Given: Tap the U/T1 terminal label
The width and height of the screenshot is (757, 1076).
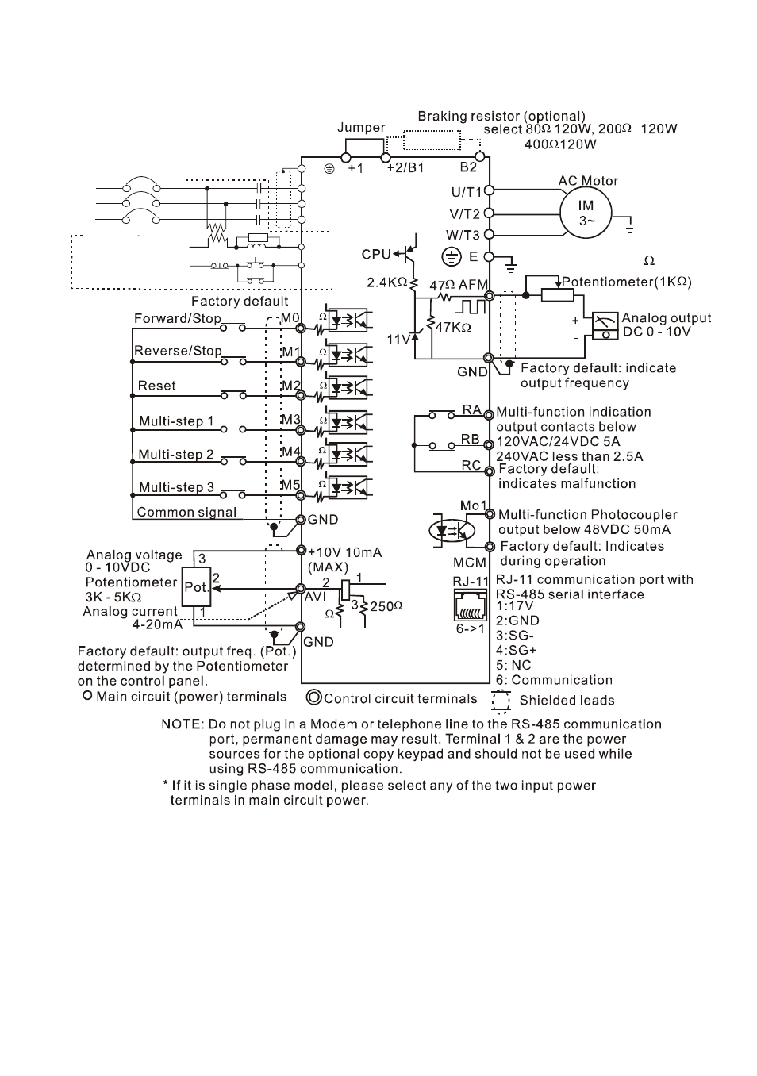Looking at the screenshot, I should coord(467,192).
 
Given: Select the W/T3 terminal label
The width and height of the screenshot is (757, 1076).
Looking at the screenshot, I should coord(463,235).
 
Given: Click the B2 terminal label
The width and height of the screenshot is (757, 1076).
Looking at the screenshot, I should coord(469,167).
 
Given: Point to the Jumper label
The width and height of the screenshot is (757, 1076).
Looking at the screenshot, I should coord(361,128).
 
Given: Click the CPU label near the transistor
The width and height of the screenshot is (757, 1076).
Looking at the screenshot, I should coord(376,254).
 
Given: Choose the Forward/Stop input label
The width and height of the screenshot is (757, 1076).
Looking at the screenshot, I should coord(178,319).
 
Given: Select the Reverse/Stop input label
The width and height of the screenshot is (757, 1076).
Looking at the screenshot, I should coord(178,351).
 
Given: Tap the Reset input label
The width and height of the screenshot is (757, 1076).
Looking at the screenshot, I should coord(157,386).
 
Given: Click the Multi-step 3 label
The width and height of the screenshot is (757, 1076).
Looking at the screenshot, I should coord(176,487).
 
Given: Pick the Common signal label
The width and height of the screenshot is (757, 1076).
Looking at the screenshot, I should coord(186,512).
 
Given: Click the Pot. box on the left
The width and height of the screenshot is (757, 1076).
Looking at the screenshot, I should coord(196,588).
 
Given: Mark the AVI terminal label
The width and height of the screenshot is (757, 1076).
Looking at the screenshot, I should coord(315,596).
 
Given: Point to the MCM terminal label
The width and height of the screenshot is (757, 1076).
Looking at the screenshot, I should coord(469,563).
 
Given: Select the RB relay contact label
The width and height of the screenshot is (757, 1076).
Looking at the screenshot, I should coord(471,439).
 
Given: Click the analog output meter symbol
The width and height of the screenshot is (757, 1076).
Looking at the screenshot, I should coord(606,325).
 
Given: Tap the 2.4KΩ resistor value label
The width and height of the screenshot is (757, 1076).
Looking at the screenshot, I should coord(386,282).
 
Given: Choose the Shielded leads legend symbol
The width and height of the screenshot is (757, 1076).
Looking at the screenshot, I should coord(501,701).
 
